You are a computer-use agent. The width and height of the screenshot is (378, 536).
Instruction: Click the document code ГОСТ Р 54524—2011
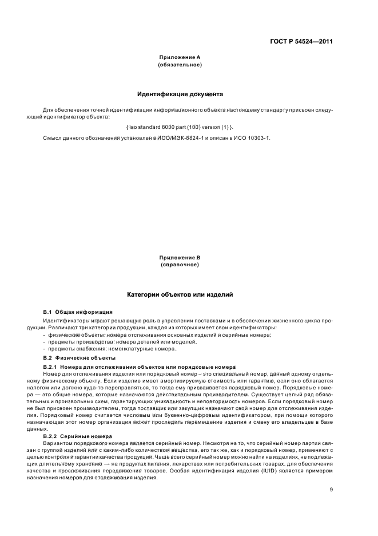pyautogui.click(x=301, y=41)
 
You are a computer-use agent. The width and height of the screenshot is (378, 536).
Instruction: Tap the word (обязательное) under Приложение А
pyautogui.click(x=180, y=65)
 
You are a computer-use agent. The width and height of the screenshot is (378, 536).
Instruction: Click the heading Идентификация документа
pyautogui.click(x=180, y=94)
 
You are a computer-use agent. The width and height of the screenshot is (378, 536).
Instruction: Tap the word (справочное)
pyautogui.click(x=180, y=265)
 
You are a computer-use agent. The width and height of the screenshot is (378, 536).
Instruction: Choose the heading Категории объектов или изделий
pyautogui.click(x=180, y=294)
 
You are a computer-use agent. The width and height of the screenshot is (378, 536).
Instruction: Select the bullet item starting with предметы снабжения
pyautogui.click(x=113, y=349)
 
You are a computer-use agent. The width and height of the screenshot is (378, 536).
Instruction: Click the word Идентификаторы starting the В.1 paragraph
pyautogui.click(x=62, y=321)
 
